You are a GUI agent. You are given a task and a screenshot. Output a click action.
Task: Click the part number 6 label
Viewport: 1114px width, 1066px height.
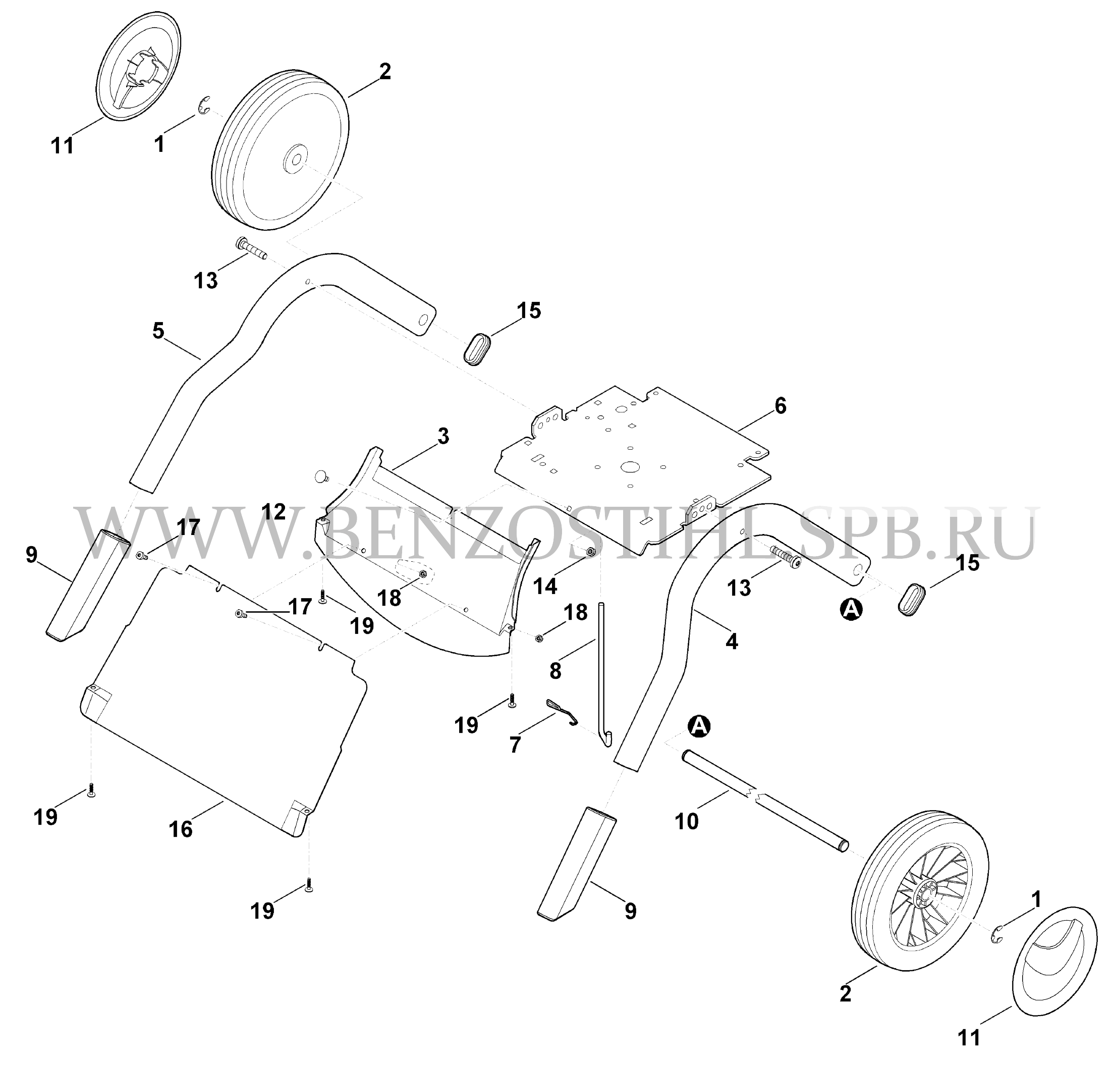click(780, 406)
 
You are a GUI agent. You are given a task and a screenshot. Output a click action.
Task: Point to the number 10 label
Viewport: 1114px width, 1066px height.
click(686, 822)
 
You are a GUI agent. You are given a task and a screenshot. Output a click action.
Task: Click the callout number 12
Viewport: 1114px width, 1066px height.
click(273, 512)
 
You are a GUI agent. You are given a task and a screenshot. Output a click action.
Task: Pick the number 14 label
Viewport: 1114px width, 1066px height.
click(545, 586)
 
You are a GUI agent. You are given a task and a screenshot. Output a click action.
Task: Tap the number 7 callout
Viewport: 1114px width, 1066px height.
click(515, 745)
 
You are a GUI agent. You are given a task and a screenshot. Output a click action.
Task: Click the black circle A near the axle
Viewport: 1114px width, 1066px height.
click(699, 726)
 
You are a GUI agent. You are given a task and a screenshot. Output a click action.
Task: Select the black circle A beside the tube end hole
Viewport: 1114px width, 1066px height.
click(851, 609)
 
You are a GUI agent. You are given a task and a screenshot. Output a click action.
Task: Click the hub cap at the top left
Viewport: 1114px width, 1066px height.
click(139, 65)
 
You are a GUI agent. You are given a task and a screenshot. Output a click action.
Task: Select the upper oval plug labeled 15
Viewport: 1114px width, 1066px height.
click(478, 349)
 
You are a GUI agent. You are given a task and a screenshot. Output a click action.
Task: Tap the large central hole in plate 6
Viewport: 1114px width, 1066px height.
click(630, 467)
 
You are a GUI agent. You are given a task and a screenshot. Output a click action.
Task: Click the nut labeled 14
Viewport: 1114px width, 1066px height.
click(590, 552)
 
